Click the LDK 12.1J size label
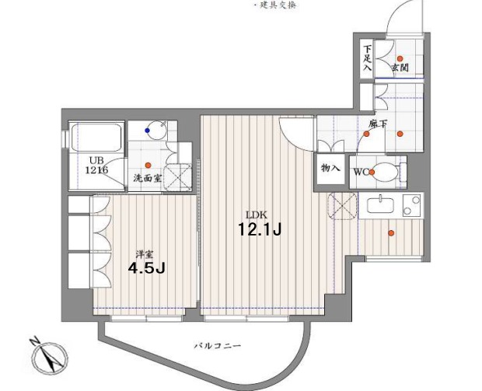[260, 229]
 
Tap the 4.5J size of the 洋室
[147, 268]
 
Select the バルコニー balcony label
[218, 346]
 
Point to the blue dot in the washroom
[148, 131]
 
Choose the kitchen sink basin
[380, 205]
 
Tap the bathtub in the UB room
[96, 138]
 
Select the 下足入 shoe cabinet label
[368, 58]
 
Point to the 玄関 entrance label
[400, 68]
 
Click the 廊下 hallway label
[378, 124]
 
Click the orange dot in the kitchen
[391, 233]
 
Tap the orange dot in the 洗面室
[148, 165]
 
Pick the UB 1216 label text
[96, 165]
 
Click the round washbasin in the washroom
[156, 131]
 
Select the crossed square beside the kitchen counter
[343, 206]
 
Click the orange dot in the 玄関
[400, 58]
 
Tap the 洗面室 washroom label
[148, 178]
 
